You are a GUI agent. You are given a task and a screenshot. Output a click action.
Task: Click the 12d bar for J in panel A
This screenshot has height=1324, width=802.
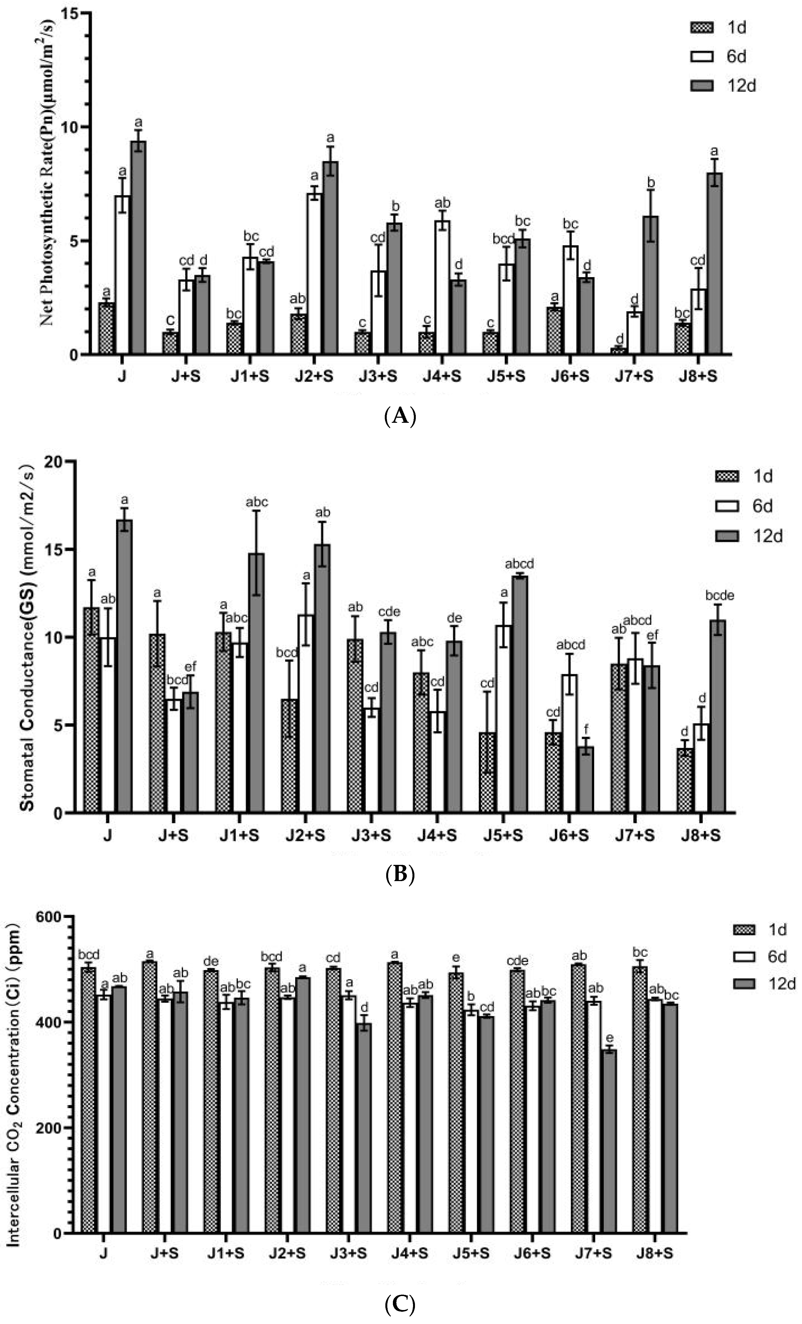tap(139, 247)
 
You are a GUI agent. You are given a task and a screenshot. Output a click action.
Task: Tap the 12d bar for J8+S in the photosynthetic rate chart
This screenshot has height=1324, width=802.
tap(715, 263)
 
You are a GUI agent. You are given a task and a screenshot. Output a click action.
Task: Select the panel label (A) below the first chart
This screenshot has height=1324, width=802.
tap(400, 416)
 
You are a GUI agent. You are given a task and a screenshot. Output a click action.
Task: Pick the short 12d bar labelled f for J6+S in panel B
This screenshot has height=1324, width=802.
tap(585, 779)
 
